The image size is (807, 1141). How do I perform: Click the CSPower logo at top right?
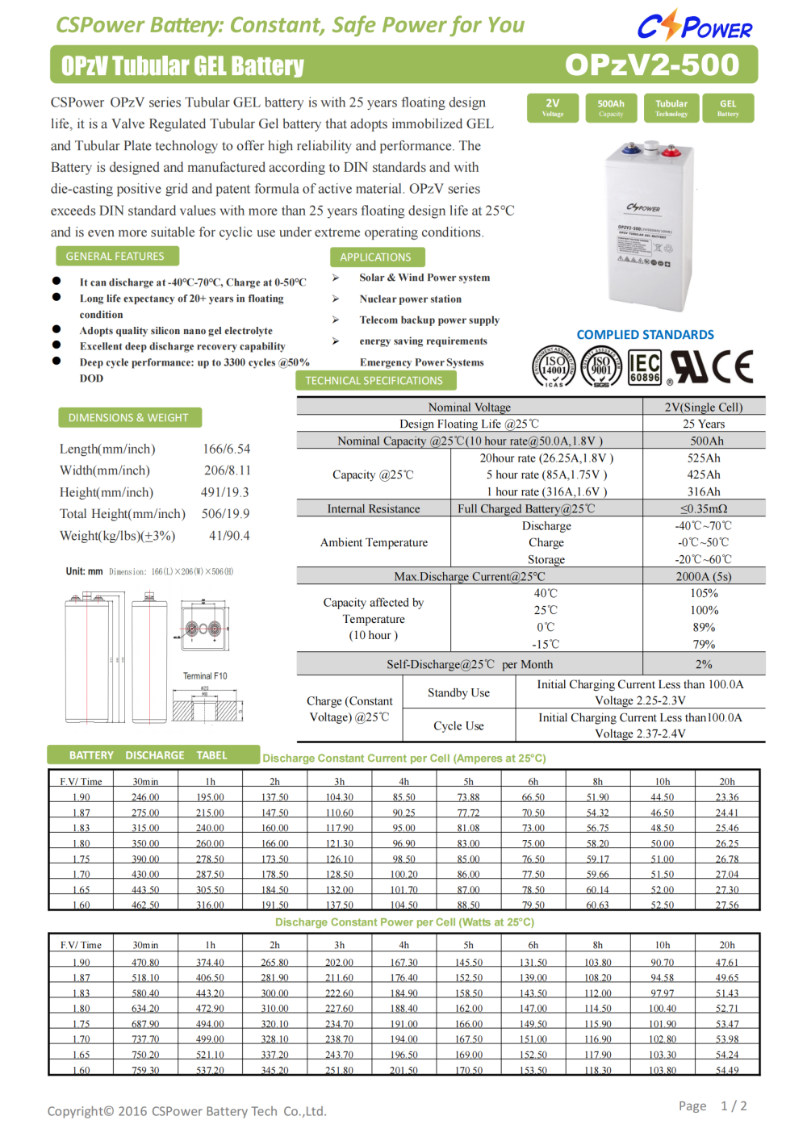point(694,26)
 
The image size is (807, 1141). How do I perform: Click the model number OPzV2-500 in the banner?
point(651,65)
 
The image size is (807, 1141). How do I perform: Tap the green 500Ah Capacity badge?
point(611,107)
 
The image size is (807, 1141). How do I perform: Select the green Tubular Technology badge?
point(671,107)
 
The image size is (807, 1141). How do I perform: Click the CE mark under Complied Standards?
point(734,366)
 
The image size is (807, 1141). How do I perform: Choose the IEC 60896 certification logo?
point(645,366)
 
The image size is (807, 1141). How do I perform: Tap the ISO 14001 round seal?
point(554,366)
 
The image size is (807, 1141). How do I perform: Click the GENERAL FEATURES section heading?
point(115,256)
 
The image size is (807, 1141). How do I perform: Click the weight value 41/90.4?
point(229,535)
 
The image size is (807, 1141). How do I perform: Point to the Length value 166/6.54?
point(226,449)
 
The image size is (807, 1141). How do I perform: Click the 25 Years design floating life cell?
point(704,424)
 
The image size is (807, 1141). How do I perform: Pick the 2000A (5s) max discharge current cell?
point(704,576)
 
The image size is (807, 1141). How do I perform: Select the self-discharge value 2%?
point(704,664)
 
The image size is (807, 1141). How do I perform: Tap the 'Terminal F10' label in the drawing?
point(205,676)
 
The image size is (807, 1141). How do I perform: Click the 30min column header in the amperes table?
point(145,781)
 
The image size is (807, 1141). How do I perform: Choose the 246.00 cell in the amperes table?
point(145,797)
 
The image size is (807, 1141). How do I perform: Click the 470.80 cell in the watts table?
point(145,962)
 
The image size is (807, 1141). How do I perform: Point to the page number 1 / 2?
point(734,1105)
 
